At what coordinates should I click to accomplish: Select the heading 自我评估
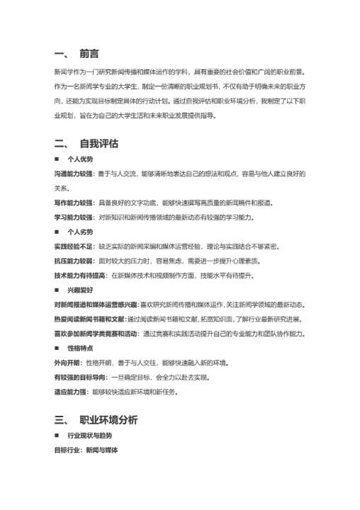coord(99,144)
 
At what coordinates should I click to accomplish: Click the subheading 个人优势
coord(81,159)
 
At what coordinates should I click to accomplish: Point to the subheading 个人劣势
coord(81,232)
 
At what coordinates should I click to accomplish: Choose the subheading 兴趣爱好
coord(81,290)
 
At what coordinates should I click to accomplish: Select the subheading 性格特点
coord(81,348)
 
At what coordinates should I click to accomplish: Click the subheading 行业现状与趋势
coord(89,436)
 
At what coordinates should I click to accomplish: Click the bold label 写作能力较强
coord(73,203)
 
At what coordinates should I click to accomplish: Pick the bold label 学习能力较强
coord(73,217)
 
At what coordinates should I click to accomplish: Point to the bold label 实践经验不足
coord(73,246)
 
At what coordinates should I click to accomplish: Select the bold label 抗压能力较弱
coord(73,261)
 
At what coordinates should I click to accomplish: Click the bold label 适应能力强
coord(72,392)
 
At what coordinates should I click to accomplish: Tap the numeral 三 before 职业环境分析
coord(60,419)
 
